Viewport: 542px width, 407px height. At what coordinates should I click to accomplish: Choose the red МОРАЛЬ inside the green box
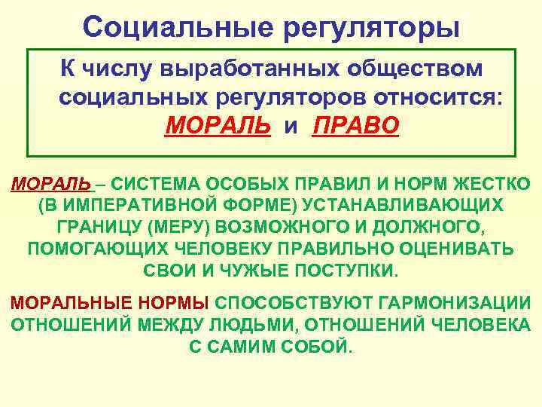[217, 124]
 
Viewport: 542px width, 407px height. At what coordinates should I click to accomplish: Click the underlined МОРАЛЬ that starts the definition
[50, 184]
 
